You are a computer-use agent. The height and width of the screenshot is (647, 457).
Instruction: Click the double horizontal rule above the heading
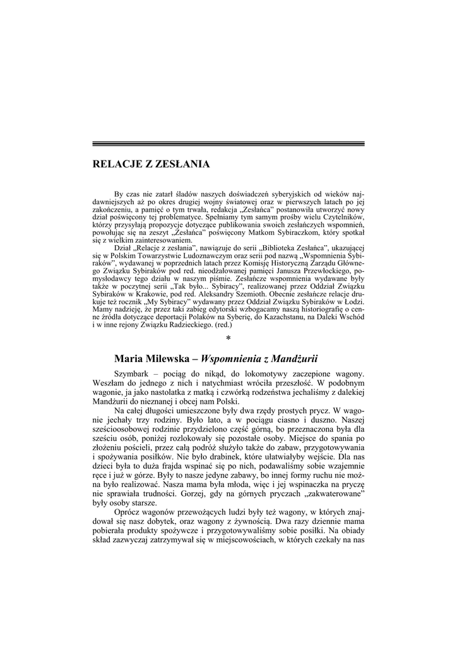pyautogui.click(x=228, y=144)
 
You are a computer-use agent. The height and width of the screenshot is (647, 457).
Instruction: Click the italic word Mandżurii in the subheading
pyautogui.click(x=290, y=359)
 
